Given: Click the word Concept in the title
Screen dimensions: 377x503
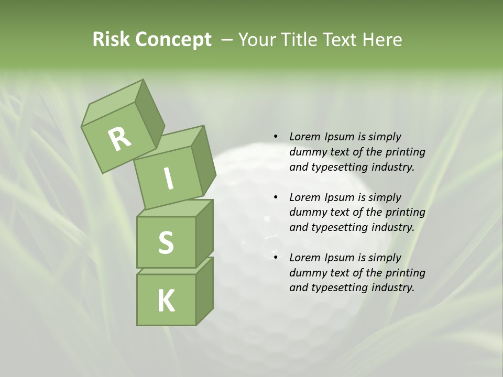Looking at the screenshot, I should [173, 40].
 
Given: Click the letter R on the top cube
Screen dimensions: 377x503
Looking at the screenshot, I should [119, 139].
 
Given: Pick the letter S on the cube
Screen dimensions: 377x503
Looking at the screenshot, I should [166, 242].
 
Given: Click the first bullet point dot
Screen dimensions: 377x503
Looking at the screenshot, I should [276, 137].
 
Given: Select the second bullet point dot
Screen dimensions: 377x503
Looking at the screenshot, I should [276, 197].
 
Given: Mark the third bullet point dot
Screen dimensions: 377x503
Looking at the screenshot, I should [276, 258].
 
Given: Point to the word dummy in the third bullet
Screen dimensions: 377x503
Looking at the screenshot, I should [307, 273].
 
